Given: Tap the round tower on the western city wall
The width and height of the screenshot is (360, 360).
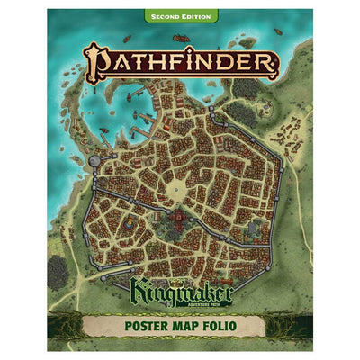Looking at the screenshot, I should (x=97, y=159).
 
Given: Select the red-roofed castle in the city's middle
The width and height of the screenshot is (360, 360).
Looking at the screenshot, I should (x=191, y=218).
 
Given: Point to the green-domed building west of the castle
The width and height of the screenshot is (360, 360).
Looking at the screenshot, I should (x=132, y=221).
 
